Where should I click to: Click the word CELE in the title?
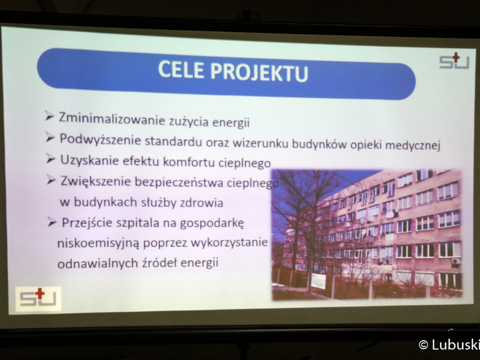pos(181,70)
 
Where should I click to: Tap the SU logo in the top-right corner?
pos(455,61)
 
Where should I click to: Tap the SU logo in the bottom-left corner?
pos(38,298)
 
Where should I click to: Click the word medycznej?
pos(412,145)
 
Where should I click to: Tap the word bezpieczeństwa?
pos(179,182)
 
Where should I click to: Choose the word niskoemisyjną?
pos(98,244)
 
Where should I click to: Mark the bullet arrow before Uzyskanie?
pos(51,158)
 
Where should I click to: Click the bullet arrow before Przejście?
pos(52,222)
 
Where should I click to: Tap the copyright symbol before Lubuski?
pos(424,344)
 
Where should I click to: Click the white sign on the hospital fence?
pos(318,281)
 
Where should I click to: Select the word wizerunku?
pos(260,143)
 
